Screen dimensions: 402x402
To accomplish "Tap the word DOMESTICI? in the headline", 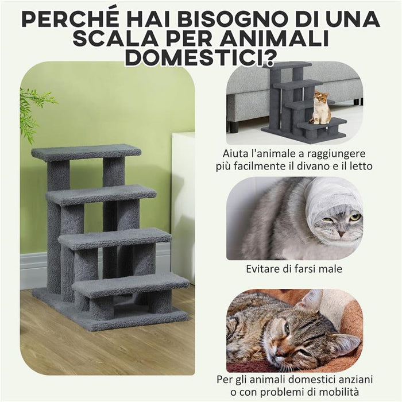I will (201, 57).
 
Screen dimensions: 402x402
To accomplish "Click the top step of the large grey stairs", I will (86, 152).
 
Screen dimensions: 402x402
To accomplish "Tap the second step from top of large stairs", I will (101, 195).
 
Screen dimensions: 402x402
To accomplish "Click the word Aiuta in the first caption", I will (237, 154).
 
